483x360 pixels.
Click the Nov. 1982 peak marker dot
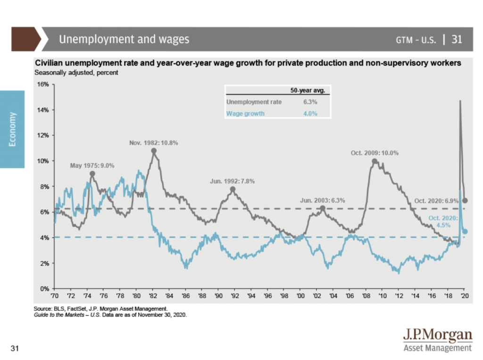[154, 151]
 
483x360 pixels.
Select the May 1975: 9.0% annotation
[92, 166]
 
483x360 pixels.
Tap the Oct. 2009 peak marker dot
[375, 161]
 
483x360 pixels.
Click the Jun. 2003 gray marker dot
[323, 208]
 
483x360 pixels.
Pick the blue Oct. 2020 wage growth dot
[465, 231]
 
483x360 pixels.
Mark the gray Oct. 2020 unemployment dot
[465, 201]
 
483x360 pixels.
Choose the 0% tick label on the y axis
[44, 288]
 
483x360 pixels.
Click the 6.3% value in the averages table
[310, 102]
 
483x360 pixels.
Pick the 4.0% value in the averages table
[310, 113]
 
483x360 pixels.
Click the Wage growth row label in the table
[245, 113]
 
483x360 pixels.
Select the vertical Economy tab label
[12, 129]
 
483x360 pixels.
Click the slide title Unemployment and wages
[124, 39]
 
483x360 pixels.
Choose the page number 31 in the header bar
[457, 39]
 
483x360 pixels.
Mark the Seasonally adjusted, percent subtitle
[76, 73]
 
